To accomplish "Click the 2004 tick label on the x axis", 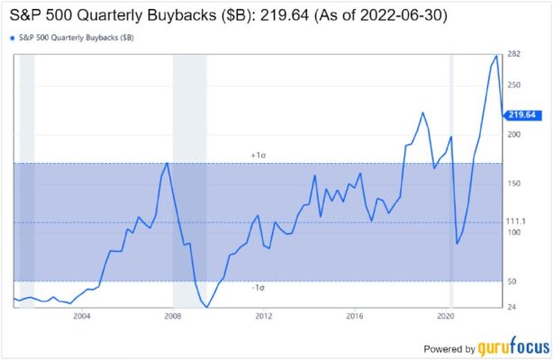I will tap(82, 316).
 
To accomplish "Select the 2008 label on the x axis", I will tap(173, 316).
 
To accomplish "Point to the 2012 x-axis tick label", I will tap(264, 316).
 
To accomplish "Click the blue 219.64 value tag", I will tap(521, 114).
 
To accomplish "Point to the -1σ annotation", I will tap(257, 287).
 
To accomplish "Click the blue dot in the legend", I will tap(11, 37).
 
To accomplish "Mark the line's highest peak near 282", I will tap(496, 56).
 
